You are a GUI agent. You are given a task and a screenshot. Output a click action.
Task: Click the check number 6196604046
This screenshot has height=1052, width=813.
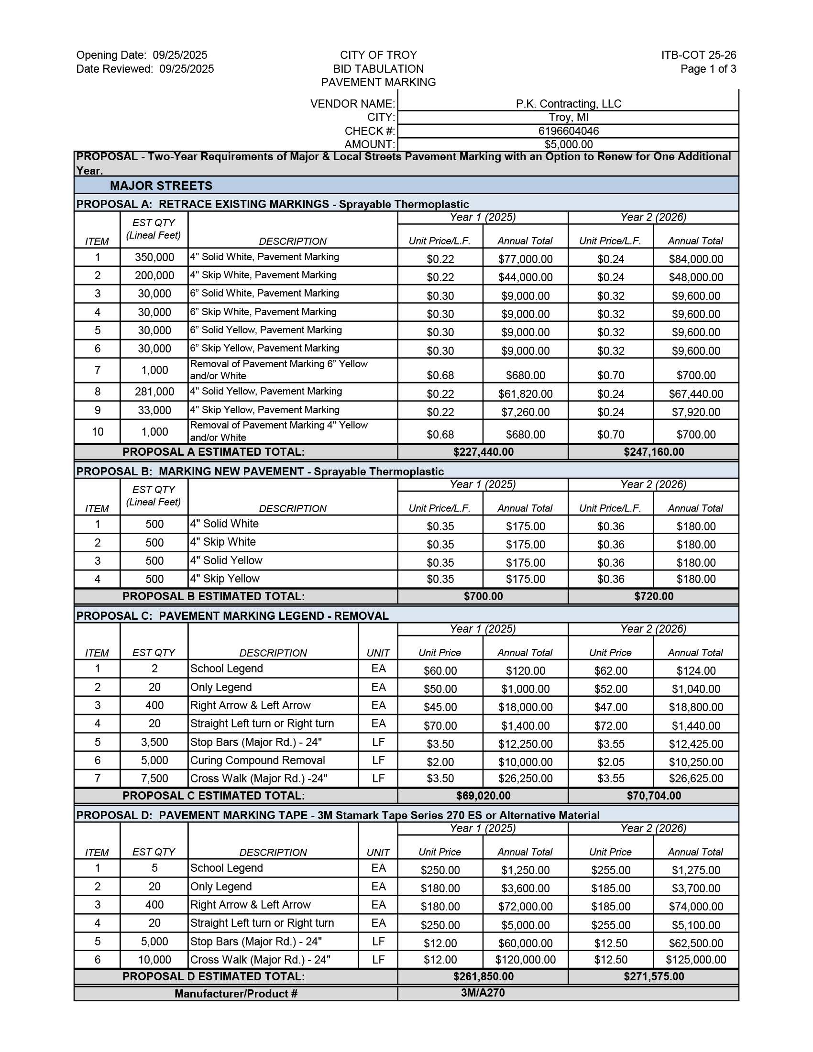tap(568, 131)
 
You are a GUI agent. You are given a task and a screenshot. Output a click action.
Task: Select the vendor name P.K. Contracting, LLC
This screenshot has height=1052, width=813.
tap(568, 104)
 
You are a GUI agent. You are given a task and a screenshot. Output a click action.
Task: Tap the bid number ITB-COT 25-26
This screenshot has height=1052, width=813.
tap(698, 55)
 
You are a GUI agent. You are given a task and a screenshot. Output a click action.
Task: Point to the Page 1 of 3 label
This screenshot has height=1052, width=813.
tap(708, 69)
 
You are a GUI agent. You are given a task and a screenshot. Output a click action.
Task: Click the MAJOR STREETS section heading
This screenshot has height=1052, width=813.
tap(161, 186)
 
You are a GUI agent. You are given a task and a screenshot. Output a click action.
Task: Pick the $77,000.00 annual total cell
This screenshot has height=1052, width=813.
tap(526, 259)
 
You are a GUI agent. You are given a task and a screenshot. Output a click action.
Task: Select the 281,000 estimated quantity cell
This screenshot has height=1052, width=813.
tap(154, 392)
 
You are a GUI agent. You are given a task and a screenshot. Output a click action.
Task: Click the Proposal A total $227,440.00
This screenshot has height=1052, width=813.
tap(483, 452)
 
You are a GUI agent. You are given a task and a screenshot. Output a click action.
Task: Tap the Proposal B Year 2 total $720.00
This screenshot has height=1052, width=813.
tap(654, 596)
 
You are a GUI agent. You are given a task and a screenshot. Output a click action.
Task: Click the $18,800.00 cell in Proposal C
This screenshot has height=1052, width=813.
tap(696, 707)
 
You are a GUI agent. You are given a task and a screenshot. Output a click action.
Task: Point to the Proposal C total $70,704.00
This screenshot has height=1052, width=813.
tap(654, 796)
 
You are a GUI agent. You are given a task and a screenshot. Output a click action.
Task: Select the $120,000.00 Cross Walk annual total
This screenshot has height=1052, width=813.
tap(526, 960)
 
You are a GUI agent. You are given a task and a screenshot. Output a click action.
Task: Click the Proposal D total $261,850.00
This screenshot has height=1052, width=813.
tap(483, 976)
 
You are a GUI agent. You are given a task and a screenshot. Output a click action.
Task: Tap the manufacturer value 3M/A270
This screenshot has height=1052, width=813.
tap(483, 993)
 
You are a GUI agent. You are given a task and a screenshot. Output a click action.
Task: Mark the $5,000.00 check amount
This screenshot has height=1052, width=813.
tap(568, 144)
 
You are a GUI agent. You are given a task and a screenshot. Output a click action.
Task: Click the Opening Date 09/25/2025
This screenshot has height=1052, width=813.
tap(180, 55)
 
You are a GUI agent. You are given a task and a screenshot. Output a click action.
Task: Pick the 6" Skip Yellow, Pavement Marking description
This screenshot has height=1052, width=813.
tap(264, 348)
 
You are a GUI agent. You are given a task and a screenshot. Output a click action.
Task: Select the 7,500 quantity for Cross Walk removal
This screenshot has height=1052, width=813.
tap(154, 778)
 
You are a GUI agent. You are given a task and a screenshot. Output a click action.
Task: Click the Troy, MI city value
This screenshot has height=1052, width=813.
tap(568, 118)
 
